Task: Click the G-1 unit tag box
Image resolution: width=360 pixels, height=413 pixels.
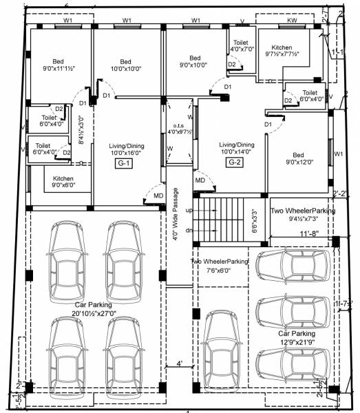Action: coord(125,164)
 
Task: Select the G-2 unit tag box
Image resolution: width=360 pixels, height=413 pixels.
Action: coord(235,162)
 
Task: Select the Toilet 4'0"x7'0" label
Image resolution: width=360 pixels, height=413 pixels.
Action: coord(241,46)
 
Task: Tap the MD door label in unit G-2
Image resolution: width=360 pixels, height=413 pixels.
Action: coord(200,180)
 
